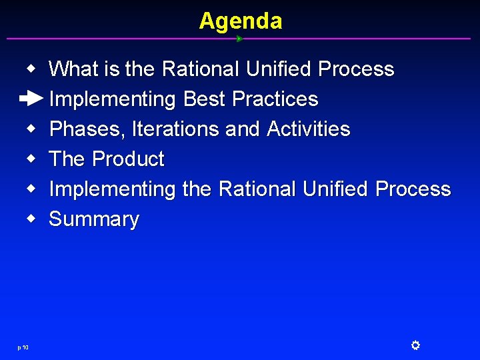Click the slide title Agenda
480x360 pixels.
coord(240,21)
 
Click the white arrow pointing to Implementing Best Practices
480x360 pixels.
coord(31,99)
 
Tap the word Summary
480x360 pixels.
coord(94,219)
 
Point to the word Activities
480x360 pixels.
coord(308,129)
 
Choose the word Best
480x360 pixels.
coord(203,99)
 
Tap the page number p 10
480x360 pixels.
coord(23,347)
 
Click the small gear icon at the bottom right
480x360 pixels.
coord(415,345)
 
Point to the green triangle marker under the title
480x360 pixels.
coord(239,39)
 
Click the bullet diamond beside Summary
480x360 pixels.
coord(31,219)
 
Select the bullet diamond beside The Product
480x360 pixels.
coord(31,159)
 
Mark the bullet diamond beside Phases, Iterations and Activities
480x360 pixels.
coord(31,129)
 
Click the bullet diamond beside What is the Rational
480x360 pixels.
coord(31,69)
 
